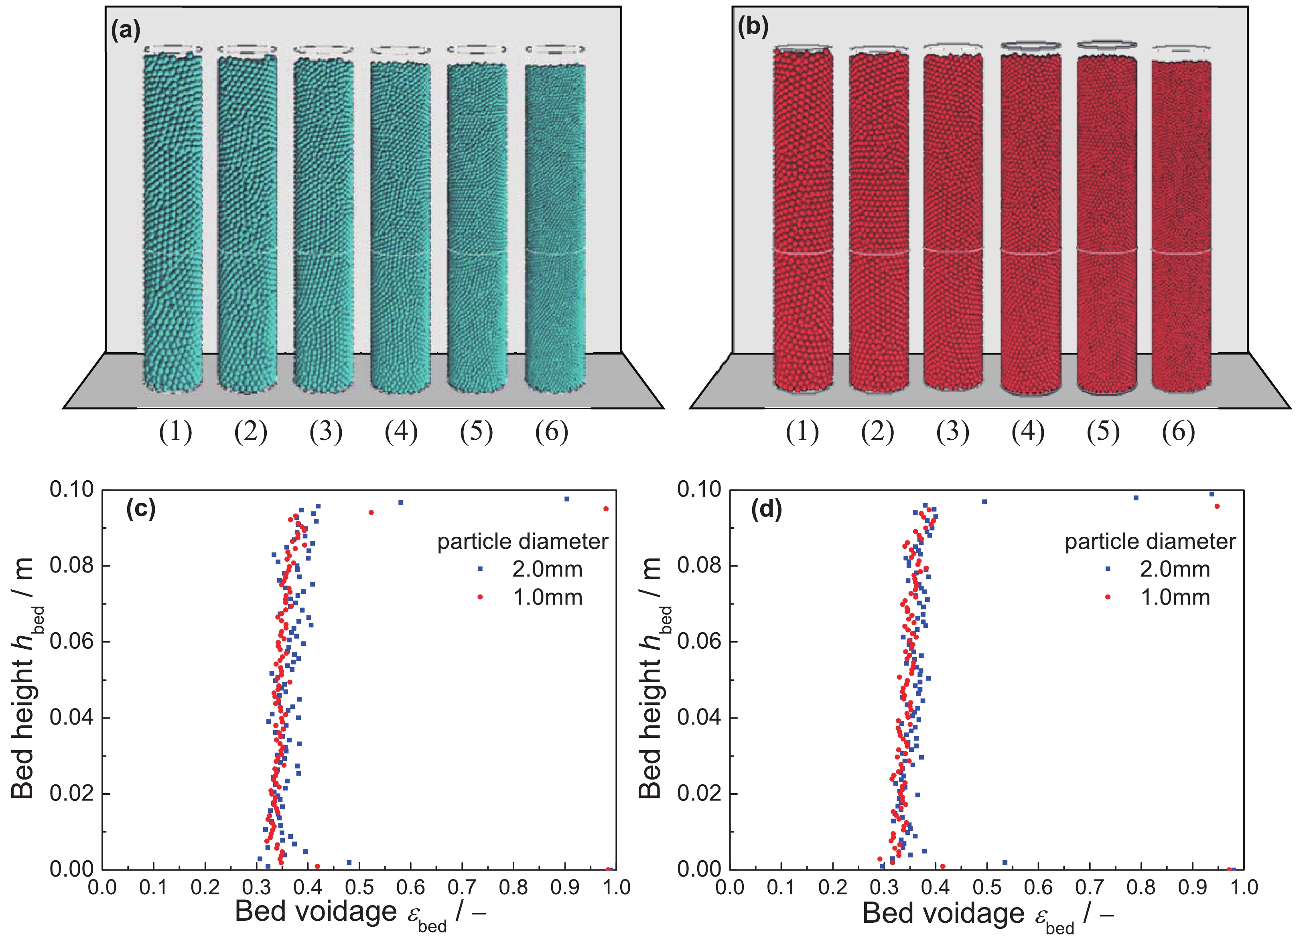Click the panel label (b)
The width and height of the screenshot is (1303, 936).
coord(753,26)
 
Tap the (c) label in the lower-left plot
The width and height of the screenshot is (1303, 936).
coord(141,509)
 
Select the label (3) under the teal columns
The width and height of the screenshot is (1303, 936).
coord(326,432)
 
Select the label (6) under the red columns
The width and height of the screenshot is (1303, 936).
coord(1178,432)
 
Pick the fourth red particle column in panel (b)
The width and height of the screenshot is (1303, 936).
coord(1031,224)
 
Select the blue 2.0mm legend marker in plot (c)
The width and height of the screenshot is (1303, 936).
coord(480,569)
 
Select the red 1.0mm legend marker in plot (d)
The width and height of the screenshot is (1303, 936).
coord(1108,597)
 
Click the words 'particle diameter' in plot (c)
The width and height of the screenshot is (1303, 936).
coord(522,541)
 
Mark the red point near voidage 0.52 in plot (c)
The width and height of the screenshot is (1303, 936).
coord(371,512)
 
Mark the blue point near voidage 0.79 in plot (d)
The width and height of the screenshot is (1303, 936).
coord(1136,497)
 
